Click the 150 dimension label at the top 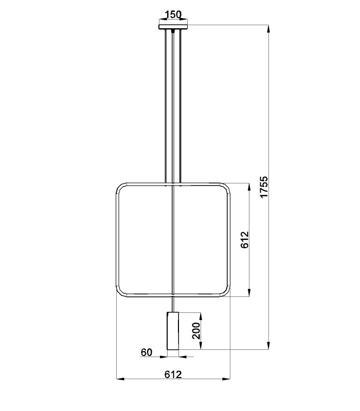(x=173, y=14)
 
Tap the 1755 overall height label (x=264, y=187)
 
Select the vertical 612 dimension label (x=245, y=240)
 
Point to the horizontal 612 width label (x=173, y=375)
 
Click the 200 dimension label (x=196, y=331)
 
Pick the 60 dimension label (x=147, y=352)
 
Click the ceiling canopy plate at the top (x=173, y=27)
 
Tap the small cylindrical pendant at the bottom (x=173, y=331)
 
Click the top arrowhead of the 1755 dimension (x=268, y=29)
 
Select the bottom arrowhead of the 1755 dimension (x=268, y=346)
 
